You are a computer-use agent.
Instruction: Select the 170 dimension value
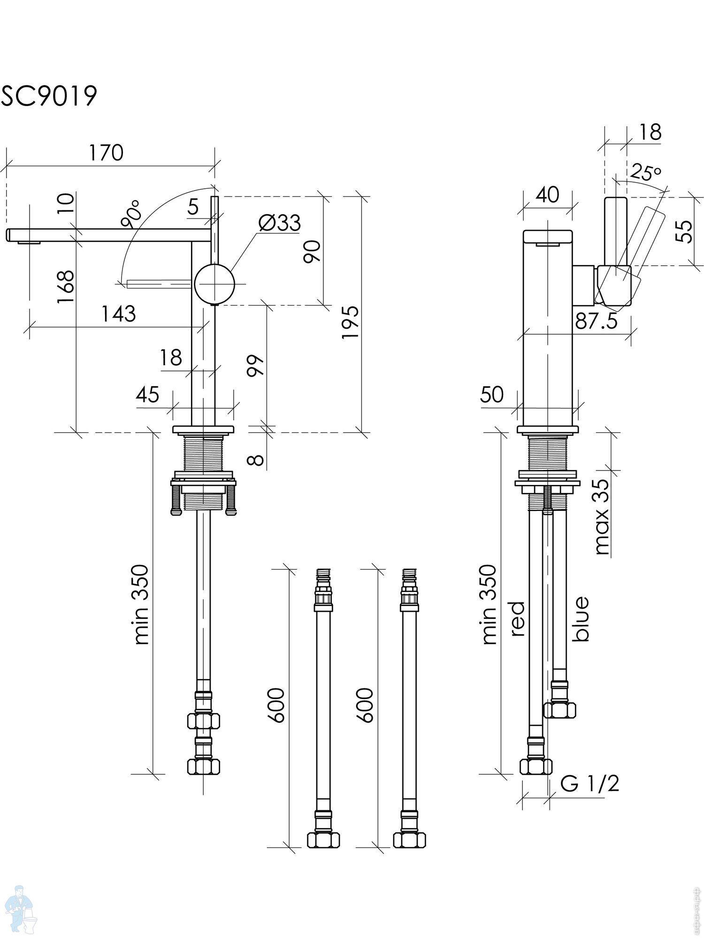tap(107, 153)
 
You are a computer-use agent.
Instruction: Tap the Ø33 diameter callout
tap(280, 223)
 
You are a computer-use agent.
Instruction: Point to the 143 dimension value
tap(119, 314)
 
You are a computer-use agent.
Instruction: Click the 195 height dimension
tap(350, 322)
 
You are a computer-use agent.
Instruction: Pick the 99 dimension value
tap(256, 366)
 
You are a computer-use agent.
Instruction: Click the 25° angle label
tap(645, 172)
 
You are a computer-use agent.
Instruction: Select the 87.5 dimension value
tap(596, 322)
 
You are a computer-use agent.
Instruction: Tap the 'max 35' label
tap(602, 516)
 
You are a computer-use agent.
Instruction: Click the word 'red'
tap(517, 619)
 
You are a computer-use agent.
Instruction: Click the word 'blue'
tap(581, 619)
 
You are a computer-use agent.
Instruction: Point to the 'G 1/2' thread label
tap(590, 783)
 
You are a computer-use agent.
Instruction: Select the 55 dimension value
tap(686, 231)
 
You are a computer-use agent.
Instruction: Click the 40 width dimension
tap(547, 194)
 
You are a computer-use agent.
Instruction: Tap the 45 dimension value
tap(148, 395)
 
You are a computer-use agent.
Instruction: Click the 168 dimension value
tap(66, 286)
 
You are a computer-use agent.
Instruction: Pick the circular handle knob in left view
tap(214, 284)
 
